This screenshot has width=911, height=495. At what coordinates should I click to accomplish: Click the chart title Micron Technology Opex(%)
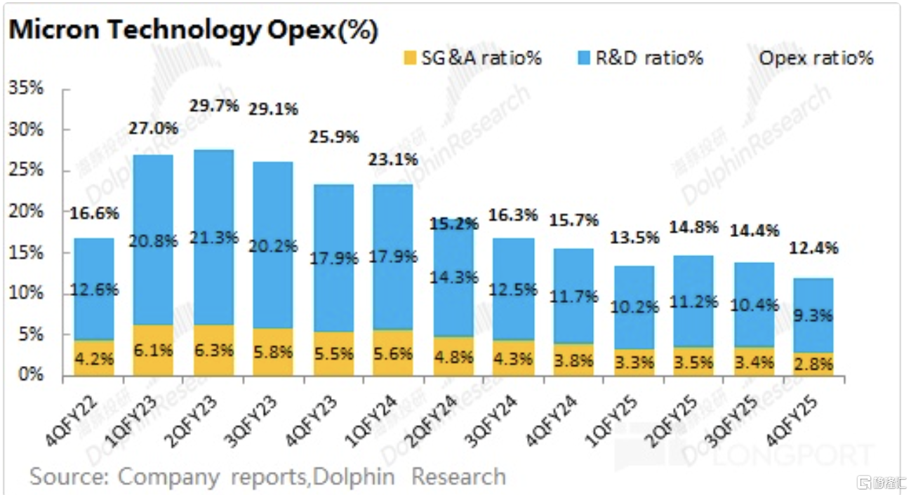(x=193, y=30)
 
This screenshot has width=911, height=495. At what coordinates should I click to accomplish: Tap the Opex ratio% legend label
(x=816, y=57)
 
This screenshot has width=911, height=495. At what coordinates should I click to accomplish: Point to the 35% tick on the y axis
(x=26, y=88)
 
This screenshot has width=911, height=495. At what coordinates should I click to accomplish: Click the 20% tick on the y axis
(x=26, y=211)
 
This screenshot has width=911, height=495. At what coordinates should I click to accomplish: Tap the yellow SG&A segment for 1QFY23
(x=153, y=351)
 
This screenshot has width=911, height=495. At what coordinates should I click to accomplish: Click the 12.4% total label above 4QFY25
(x=814, y=247)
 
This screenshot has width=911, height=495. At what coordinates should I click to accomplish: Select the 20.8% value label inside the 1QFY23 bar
(x=153, y=240)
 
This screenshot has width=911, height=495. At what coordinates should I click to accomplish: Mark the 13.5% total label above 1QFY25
(x=634, y=237)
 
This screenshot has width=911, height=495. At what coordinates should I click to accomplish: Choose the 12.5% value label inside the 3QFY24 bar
(x=514, y=288)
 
